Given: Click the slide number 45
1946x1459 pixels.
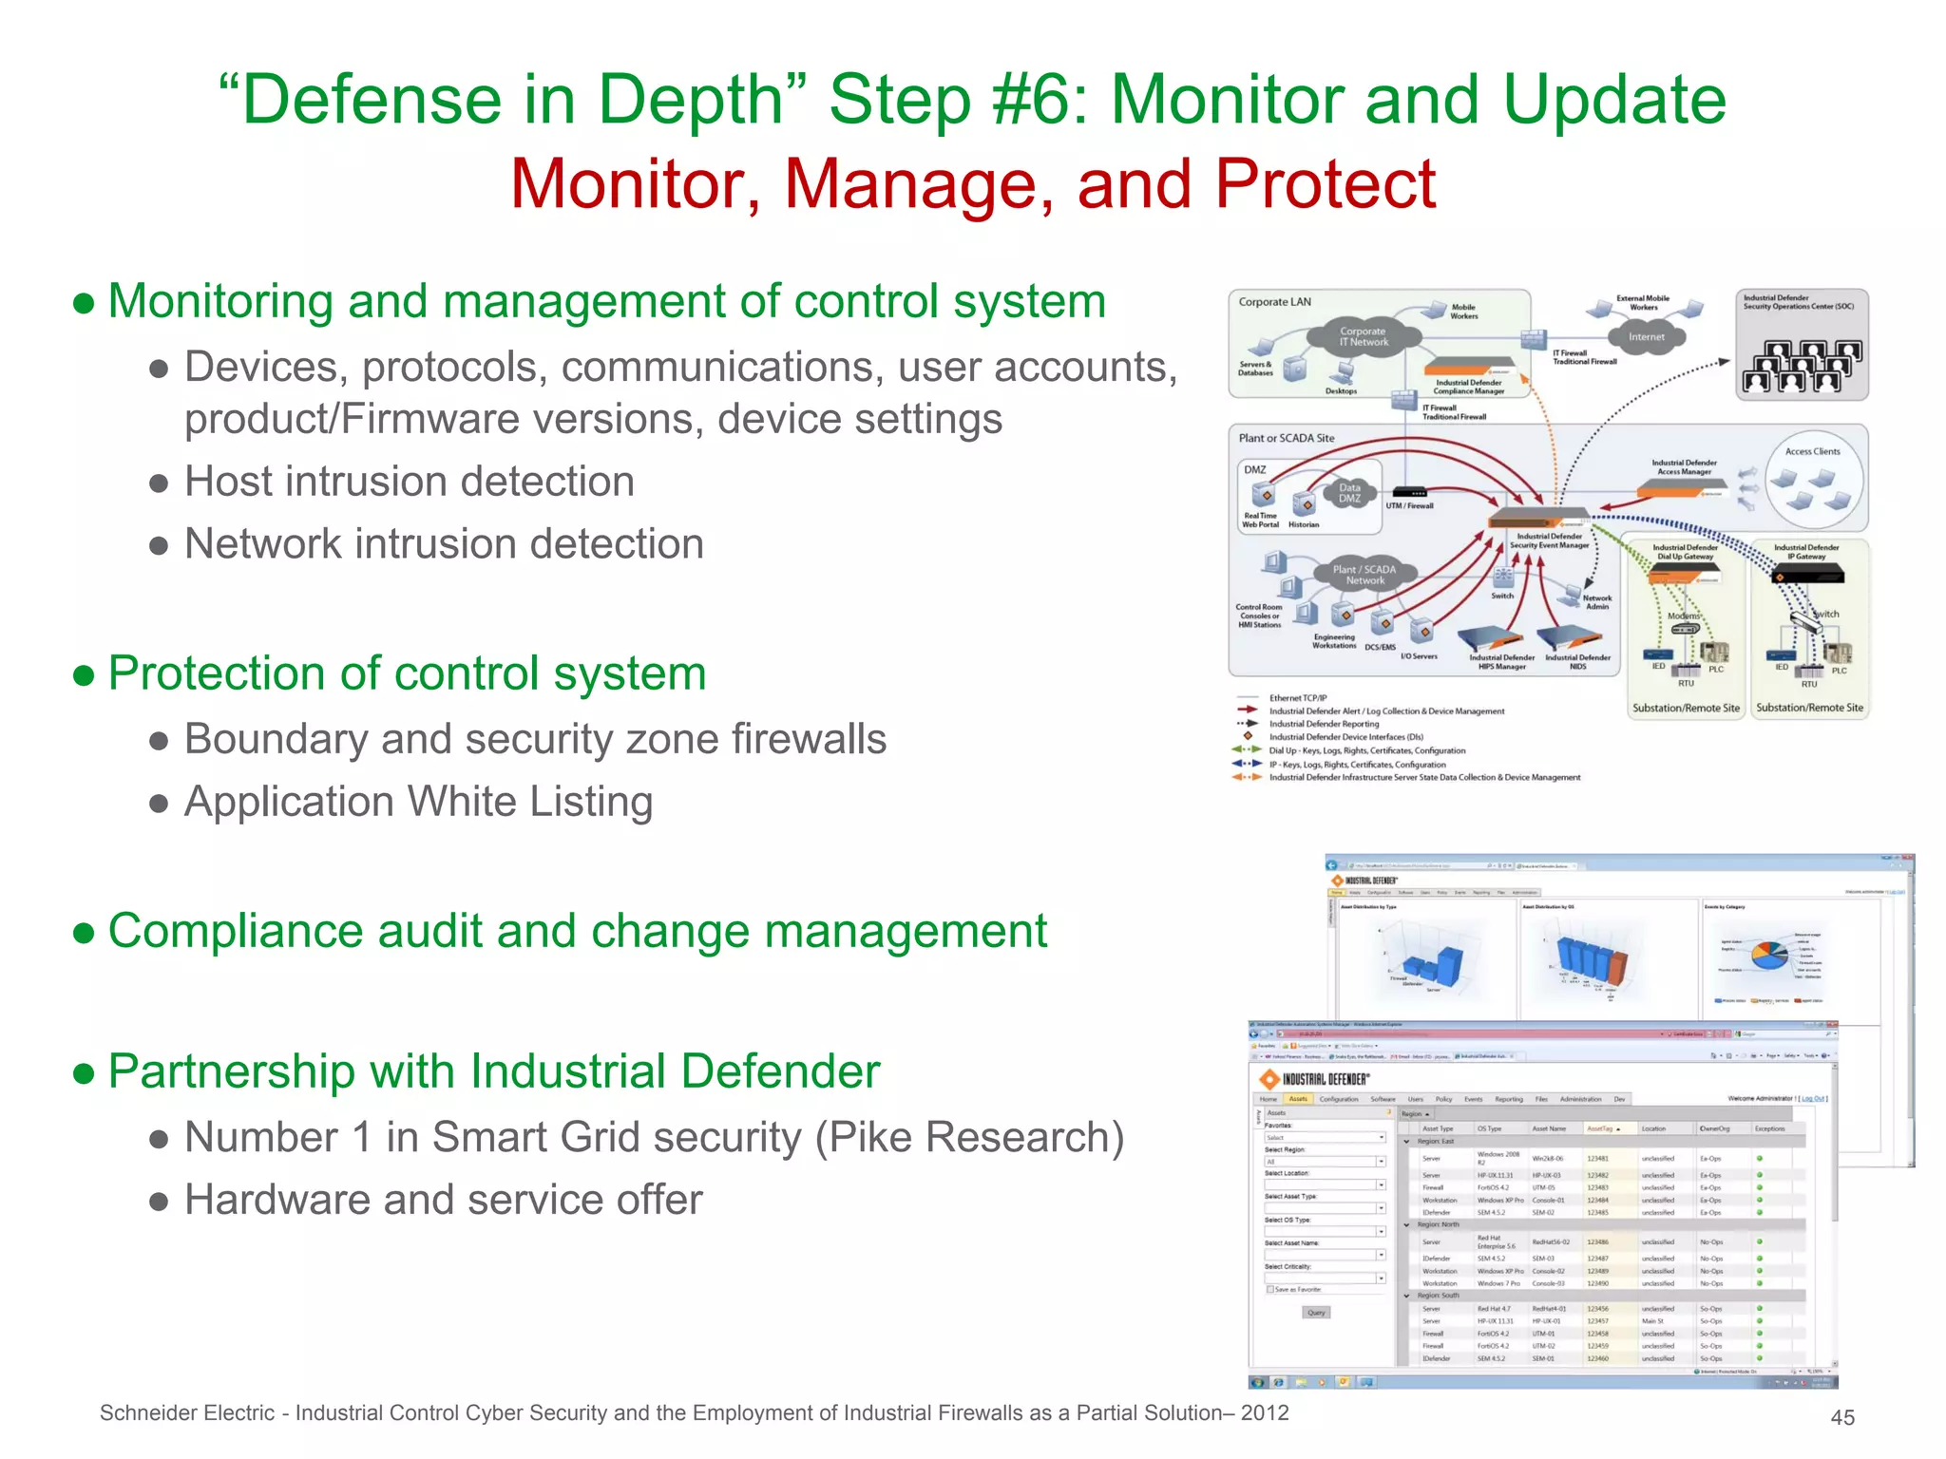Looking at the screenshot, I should [x=1842, y=1417].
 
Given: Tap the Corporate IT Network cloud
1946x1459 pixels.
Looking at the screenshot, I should [x=1364, y=337].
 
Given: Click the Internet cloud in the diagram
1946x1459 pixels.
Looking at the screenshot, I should [x=1646, y=337].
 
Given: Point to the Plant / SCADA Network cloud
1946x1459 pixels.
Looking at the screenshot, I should [x=1364, y=575].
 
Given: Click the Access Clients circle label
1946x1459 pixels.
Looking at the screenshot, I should [x=1812, y=452].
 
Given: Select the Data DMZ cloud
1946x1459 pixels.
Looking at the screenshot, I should [x=1349, y=493].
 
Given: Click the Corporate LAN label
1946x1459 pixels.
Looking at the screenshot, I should [x=1274, y=302].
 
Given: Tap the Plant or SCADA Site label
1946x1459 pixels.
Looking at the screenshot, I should [x=1286, y=438].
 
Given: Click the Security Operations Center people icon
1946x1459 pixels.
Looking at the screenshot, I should [x=1800, y=367].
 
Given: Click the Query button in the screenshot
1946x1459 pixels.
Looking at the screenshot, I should [x=1316, y=1313].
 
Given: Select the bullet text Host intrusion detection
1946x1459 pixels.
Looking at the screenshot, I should [x=409, y=482].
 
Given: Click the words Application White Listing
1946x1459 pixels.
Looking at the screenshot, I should [x=418, y=802].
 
